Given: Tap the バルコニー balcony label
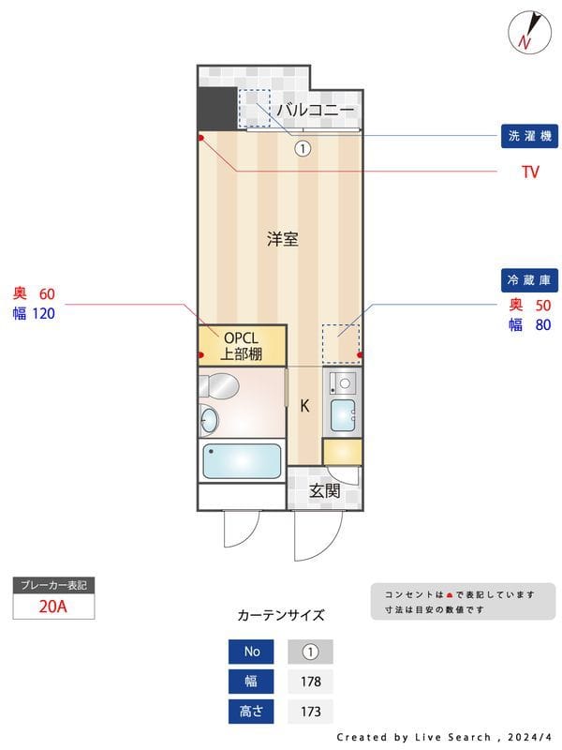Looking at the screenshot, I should [x=315, y=111].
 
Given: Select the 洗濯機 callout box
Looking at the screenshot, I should [x=529, y=137].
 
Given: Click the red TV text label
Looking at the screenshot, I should [x=530, y=172].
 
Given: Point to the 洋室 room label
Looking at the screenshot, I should [x=282, y=239].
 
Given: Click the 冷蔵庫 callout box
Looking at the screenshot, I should [x=529, y=280].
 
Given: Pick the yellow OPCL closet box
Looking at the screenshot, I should [x=241, y=345].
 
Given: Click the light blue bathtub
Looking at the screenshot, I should [x=242, y=461].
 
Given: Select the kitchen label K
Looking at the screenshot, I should [x=304, y=406].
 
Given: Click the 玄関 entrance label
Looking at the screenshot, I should [x=324, y=490].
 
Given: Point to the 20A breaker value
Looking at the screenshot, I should [x=53, y=607].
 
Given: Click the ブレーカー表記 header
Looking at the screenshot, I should [x=53, y=585].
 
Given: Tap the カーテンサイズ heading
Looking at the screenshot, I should [x=281, y=616].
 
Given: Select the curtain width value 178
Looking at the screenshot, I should [x=310, y=682].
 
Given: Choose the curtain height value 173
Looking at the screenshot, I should [x=310, y=712].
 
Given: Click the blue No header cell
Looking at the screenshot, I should [x=251, y=652].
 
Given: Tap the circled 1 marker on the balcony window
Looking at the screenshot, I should [x=303, y=148].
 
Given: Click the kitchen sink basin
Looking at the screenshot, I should [x=343, y=412].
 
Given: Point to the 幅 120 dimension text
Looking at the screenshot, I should [x=34, y=314].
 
